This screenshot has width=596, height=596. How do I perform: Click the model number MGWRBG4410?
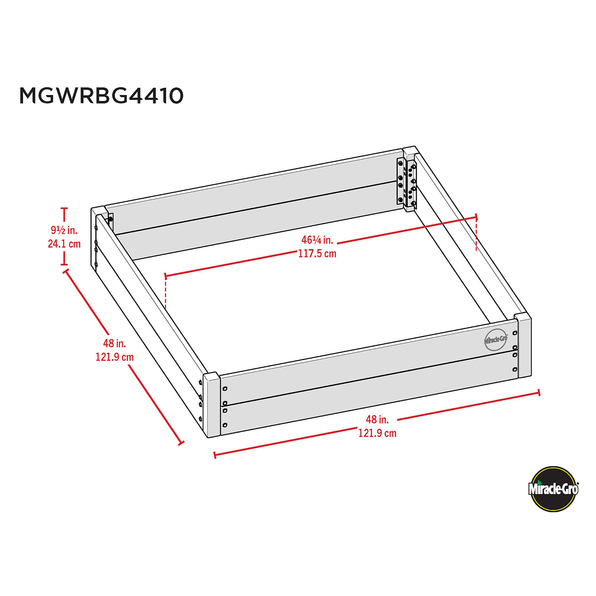102,96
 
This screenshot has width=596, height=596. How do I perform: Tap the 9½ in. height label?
64,230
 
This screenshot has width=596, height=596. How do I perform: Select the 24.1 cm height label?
64,244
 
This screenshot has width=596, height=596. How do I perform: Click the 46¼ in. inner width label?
317,240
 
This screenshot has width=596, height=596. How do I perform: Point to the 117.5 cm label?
317,254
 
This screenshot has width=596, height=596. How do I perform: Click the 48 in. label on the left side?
114,343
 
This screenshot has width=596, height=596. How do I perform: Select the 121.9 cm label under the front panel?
377,433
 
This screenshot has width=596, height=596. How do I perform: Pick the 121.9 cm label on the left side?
114,357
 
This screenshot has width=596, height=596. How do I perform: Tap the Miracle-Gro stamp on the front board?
496,340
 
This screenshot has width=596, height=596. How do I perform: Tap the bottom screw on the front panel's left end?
225,425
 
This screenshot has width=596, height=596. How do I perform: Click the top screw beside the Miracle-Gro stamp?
515,333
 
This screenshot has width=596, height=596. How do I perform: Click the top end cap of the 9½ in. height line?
64,209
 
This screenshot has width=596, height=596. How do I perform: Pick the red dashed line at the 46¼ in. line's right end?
476,235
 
